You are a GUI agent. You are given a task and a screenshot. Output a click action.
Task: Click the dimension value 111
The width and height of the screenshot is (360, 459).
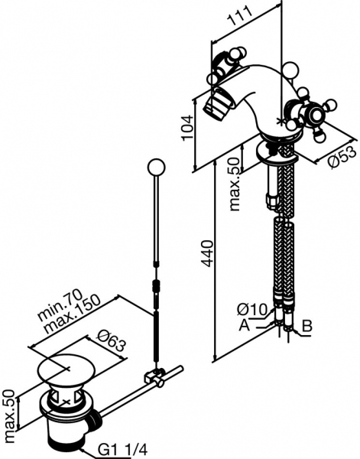click(x=240, y=18)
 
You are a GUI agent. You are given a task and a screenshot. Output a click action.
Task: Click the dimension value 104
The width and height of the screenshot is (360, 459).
click(x=187, y=128)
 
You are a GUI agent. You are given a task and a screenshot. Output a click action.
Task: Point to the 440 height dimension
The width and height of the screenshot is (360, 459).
click(x=207, y=253)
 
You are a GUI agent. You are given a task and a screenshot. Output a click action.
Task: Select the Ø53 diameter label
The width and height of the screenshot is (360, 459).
click(x=342, y=158)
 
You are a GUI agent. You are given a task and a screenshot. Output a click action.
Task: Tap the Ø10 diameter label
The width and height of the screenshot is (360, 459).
click(x=252, y=309)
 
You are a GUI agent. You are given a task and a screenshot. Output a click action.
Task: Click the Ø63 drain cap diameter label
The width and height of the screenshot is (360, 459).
click(x=110, y=340)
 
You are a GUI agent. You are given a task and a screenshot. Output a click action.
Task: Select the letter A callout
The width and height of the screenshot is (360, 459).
click(x=245, y=324)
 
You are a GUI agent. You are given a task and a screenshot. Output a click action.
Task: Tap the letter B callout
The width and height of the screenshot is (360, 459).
click(x=306, y=326)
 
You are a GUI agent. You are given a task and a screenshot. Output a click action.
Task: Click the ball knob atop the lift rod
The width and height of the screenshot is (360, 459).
click(x=156, y=168)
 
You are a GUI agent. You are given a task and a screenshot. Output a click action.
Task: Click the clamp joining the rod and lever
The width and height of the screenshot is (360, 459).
click(x=154, y=377)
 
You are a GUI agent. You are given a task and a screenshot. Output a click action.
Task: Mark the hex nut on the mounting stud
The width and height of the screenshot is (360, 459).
click(x=271, y=200)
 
